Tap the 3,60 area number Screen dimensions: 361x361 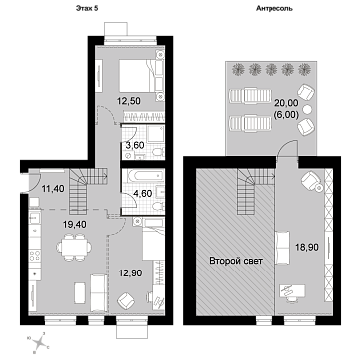[133, 145]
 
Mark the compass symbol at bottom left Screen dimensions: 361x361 [38, 342]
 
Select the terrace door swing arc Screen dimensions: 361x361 [285, 150]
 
